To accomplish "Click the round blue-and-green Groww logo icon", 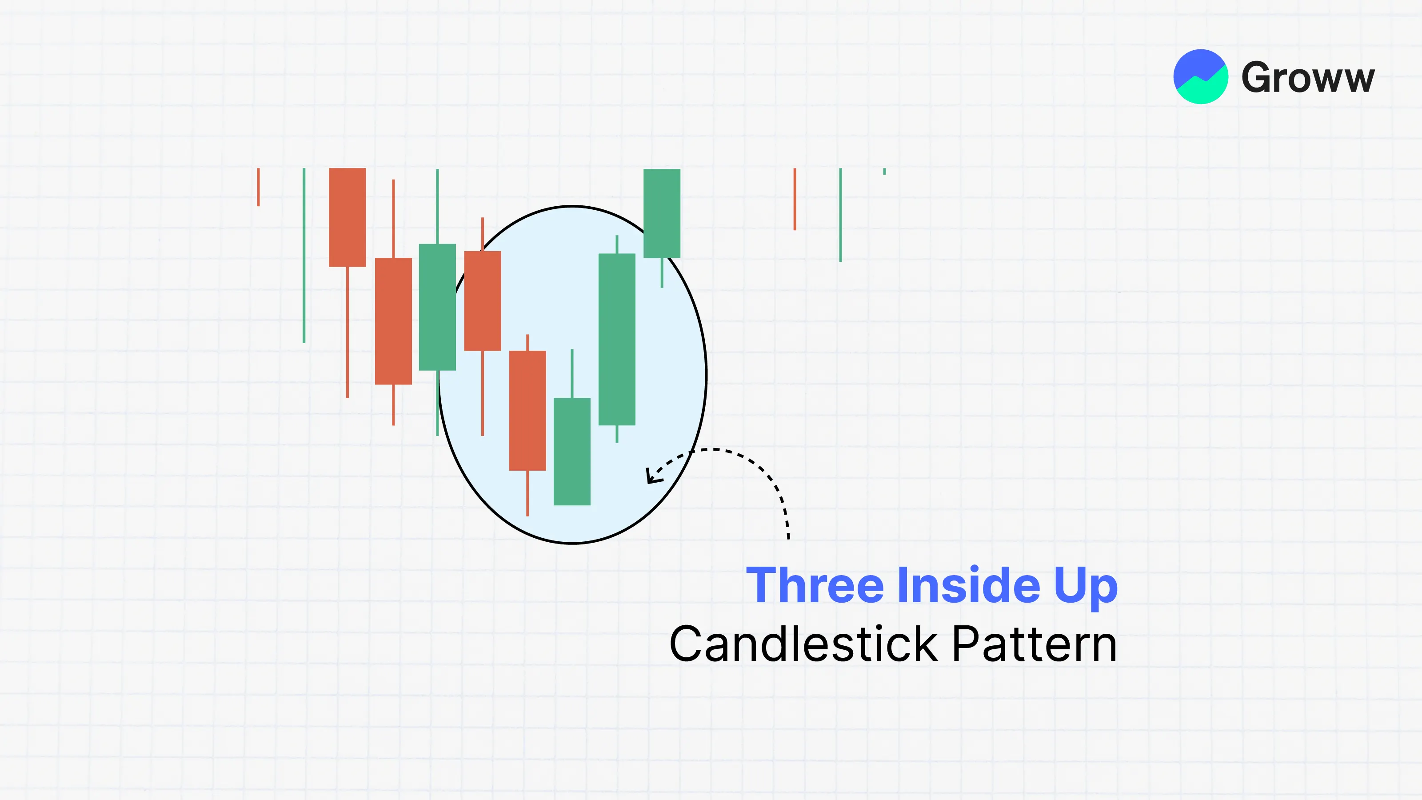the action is (x=1201, y=77).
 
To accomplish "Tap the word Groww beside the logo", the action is (x=1308, y=77).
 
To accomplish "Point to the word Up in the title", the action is (x=1086, y=588).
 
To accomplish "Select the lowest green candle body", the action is (x=572, y=452).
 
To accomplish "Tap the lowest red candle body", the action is (x=527, y=411).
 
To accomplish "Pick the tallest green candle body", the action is (x=617, y=340).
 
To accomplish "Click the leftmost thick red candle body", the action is (x=347, y=217).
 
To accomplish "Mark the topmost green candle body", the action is (x=662, y=213).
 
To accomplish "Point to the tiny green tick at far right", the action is (x=884, y=172).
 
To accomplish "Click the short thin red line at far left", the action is (x=258, y=187).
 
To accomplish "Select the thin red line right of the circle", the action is (x=795, y=199).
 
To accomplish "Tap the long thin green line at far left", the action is (x=304, y=256).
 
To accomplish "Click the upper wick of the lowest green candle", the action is (x=572, y=373).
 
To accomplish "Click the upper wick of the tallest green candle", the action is (x=617, y=244).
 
